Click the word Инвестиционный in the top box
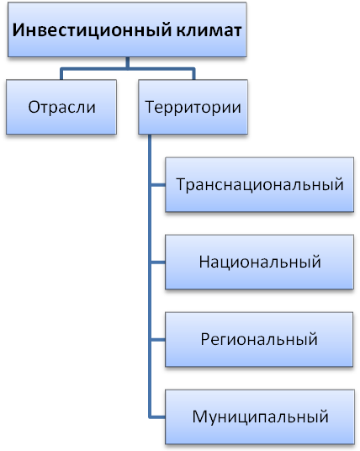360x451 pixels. coord(92,30)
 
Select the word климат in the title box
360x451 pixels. coord(209,30)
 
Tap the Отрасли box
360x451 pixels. coord(61,107)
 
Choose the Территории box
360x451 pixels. coord(193,107)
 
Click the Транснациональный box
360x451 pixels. coord(259,184)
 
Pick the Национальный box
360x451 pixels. coord(259,262)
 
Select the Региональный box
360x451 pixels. coord(259,339)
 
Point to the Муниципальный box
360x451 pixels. coord(260,417)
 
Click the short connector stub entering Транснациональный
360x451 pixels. coord(157,184)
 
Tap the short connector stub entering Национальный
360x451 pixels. coord(157,262)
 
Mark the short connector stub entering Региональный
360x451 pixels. coord(157,339)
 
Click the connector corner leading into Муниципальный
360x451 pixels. coord(150,417)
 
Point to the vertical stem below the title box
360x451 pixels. coord(127,62)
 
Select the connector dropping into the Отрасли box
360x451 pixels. coord(61,74)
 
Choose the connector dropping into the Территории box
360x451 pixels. coord(193,74)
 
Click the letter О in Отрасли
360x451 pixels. coord(34,107)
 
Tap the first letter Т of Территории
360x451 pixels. coord(151,107)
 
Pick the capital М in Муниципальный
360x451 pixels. coord(199,417)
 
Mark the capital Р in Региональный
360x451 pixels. coord(205,339)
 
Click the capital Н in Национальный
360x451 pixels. coord(204,262)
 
